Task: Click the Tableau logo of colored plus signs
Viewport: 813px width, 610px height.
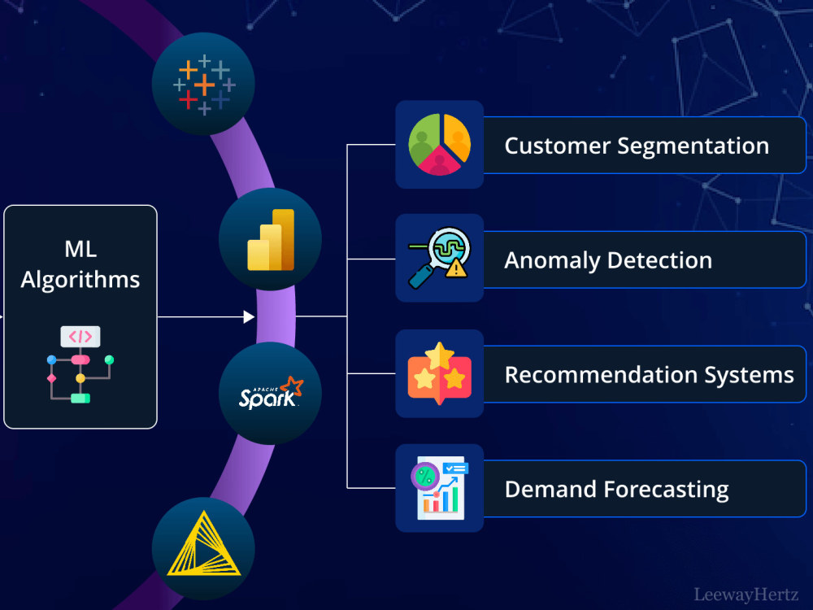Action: point(204,85)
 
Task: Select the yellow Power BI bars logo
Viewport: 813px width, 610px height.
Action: point(271,240)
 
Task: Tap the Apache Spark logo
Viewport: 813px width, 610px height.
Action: point(271,393)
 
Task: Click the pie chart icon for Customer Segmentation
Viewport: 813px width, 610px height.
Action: point(439,144)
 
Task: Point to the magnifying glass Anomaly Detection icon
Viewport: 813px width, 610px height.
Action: point(439,258)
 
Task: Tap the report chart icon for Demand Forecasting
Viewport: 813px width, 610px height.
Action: point(440,487)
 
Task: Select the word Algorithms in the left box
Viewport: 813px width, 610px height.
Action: point(80,280)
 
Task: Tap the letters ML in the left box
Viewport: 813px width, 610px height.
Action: point(80,249)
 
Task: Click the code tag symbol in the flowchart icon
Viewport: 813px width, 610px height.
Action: point(80,337)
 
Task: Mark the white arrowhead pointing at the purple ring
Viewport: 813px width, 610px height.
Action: point(249,316)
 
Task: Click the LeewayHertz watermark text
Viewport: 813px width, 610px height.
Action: point(746,595)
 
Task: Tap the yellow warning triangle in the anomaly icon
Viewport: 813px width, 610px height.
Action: point(456,268)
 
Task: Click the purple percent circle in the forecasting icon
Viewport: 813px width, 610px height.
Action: point(425,476)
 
